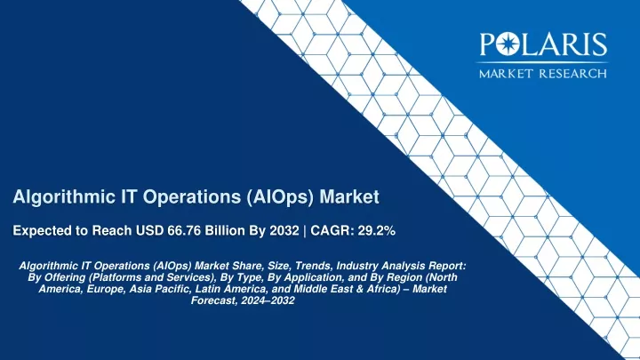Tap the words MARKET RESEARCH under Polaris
click(543, 74)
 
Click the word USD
click(150, 230)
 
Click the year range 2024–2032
click(268, 300)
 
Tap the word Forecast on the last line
click(214, 300)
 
